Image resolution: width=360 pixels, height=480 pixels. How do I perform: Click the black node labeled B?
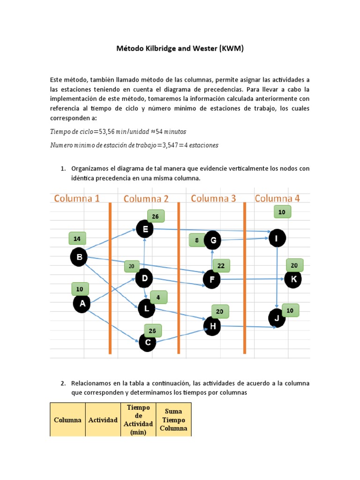(79, 257)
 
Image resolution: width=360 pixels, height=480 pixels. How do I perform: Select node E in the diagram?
(145, 229)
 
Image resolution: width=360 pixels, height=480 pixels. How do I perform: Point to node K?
(293, 279)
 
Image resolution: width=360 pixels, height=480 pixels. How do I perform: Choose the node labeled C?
(148, 342)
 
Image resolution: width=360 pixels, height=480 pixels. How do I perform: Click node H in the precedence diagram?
(212, 326)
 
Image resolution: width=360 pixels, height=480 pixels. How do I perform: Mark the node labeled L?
(147, 308)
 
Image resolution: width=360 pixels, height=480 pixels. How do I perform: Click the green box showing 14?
(77, 239)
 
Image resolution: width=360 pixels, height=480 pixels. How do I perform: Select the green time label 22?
(221, 266)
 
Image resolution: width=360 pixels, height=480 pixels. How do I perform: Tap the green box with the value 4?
(158, 297)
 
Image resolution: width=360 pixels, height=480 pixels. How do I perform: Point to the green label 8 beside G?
(197, 240)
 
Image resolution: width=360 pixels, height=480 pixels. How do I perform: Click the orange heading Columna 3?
(213, 199)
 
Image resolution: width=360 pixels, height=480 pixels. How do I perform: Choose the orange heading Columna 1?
(77, 198)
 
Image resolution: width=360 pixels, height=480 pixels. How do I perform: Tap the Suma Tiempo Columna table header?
(173, 420)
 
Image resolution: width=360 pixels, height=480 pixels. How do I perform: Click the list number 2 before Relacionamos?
(63, 383)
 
